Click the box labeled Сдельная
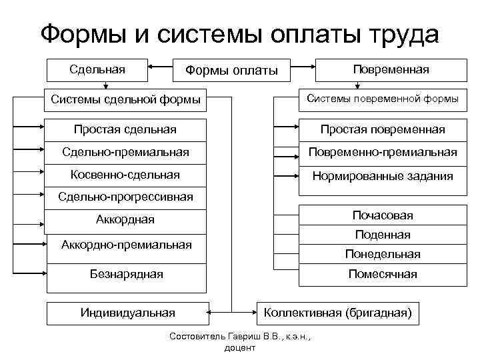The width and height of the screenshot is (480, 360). pos(97,68)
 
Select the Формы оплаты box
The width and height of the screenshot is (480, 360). pos(231,70)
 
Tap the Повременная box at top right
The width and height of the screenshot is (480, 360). pos(391,69)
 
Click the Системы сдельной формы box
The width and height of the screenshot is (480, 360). pos(125,100)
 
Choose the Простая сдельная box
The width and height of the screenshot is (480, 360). pos(125,129)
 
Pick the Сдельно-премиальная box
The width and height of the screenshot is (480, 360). pos(125,152)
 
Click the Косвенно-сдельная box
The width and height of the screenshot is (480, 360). pos(125,175)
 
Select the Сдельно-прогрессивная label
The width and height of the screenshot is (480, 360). pos(125,197)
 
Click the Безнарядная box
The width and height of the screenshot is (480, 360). pos(126,274)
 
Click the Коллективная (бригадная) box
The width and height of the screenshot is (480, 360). pos(339,312)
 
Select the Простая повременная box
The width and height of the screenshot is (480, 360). pos(382,129)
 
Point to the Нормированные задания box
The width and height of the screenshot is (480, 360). pos(382,177)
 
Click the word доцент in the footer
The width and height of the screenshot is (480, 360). pos(240,348)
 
